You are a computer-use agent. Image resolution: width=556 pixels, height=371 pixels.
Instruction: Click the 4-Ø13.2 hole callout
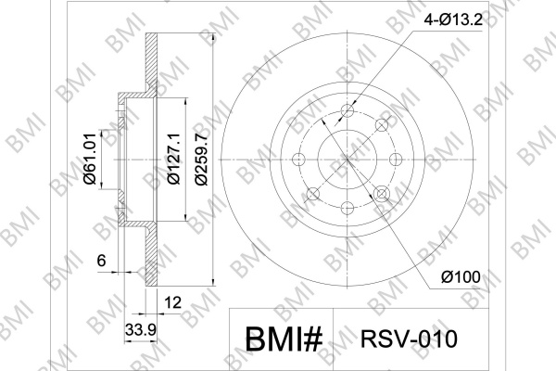coord(453,19)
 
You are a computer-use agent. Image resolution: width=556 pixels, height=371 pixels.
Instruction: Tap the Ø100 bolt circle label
coord(461,276)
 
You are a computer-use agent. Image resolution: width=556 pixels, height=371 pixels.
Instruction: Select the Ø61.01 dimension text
coord(90,159)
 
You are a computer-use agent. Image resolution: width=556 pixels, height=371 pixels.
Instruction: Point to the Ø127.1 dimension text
coord(174,159)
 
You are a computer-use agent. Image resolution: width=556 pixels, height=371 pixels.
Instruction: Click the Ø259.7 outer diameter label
coord(201,159)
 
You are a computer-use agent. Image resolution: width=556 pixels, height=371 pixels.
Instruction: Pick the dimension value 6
coord(101,261)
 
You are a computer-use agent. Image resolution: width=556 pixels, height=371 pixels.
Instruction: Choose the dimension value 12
coord(173,302)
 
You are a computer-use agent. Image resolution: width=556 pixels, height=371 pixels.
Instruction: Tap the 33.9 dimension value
coord(141,330)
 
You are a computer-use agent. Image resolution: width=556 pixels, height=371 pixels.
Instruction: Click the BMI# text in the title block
coord(284,339)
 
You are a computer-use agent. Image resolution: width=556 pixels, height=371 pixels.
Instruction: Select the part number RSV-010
coord(409,339)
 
